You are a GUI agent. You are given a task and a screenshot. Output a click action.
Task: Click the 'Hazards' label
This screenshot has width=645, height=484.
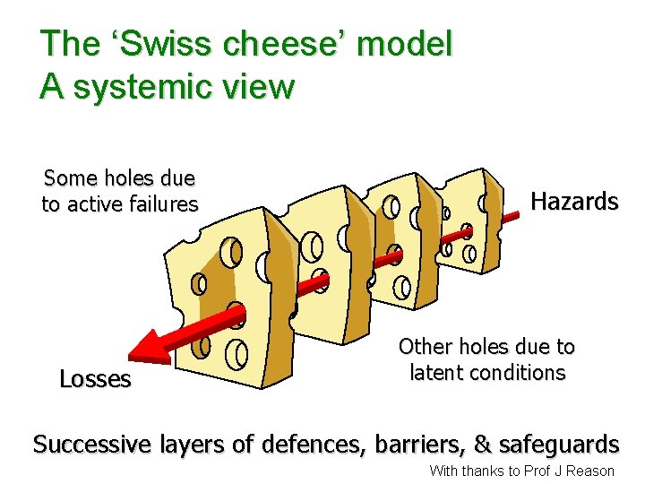tap(574, 201)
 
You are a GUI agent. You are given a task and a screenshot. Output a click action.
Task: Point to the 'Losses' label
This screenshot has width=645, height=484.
tap(95, 379)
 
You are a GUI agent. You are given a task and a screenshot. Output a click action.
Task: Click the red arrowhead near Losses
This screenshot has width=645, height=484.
tap(147, 347)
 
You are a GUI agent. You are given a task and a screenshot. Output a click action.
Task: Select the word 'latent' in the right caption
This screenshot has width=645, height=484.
tap(436, 372)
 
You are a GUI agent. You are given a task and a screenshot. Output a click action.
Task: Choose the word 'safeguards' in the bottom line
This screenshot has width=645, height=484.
tap(559, 444)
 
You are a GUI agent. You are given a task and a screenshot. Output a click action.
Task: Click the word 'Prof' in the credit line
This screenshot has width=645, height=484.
tap(537, 471)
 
